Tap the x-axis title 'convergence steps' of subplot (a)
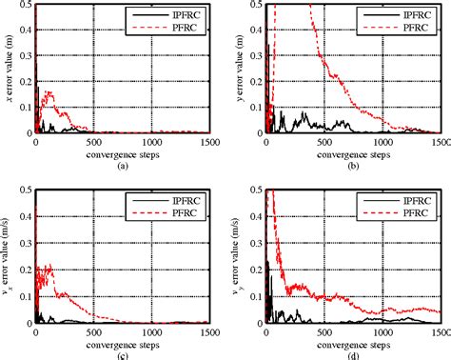120,153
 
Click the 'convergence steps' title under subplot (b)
353,153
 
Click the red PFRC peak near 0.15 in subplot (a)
49,92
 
